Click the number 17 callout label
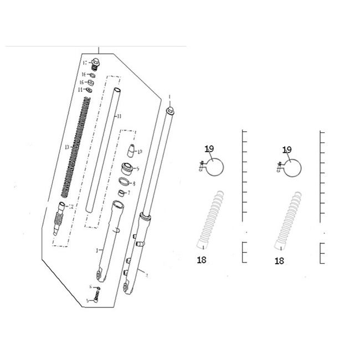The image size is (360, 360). coord(85,63)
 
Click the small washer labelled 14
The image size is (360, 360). coord(89,90)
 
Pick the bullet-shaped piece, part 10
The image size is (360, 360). coord(131,151)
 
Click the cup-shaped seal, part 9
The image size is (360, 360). coord(127,168)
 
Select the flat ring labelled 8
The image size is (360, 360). coord(125,182)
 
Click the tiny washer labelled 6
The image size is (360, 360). coord(98,288)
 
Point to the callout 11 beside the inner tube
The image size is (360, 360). coord(117,117)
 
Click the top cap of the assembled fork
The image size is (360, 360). coord(171,111)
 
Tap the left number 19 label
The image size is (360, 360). coord(209,149)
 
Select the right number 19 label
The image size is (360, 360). coord(287,149)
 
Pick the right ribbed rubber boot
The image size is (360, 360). coord(287,219)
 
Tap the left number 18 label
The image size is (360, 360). coord(202,260)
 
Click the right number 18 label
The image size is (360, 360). coord(280,260)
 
